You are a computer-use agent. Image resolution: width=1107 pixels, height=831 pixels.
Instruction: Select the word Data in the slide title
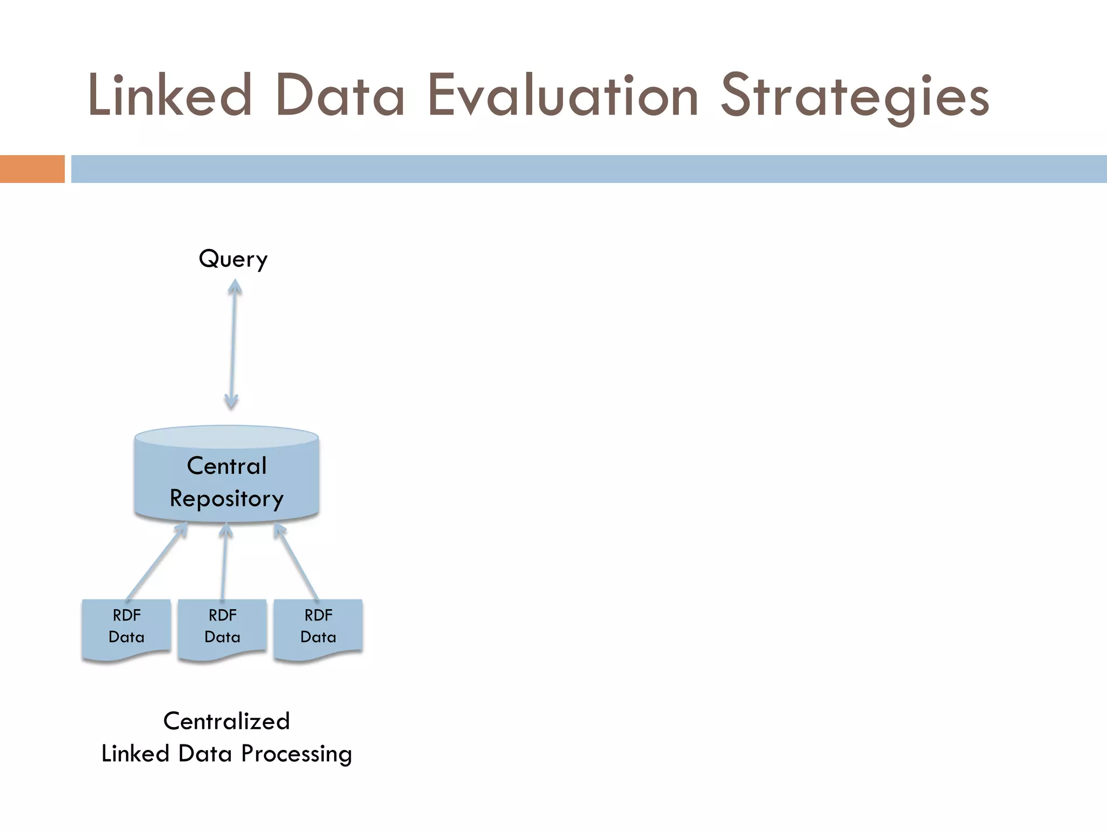click(x=340, y=96)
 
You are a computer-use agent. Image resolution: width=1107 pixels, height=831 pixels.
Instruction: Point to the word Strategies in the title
click(x=855, y=97)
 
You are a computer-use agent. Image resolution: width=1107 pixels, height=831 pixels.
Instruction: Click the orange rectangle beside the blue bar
click(x=32, y=169)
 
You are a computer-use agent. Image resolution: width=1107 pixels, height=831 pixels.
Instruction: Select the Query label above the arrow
click(x=233, y=259)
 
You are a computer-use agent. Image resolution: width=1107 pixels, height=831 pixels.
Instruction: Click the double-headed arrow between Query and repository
click(x=233, y=346)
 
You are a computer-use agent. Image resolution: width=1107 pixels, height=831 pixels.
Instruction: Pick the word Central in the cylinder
click(x=226, y=466)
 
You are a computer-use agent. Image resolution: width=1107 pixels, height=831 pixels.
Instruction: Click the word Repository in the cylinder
click(x=226, y=498)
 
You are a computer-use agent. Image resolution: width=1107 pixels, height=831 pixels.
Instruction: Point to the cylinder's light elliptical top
click(x=226, y=436)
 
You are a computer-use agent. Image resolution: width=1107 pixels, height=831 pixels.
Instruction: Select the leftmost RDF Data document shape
click(x=126, y=628)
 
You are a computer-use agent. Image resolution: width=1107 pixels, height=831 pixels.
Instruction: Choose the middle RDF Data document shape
click(x=222, y=628)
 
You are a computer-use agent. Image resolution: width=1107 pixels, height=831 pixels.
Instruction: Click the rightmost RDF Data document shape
click(x=318, y=628)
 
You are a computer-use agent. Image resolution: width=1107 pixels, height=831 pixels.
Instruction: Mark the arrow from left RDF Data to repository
click(x=156, y=563)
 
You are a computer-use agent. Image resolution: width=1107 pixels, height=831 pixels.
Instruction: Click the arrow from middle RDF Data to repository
click(x=224, y=563)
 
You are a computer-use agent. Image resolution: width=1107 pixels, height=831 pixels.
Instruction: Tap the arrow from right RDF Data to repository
click(x=297, y=563)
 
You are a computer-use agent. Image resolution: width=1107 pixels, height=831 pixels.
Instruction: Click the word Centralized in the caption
click(x=226, y=721)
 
